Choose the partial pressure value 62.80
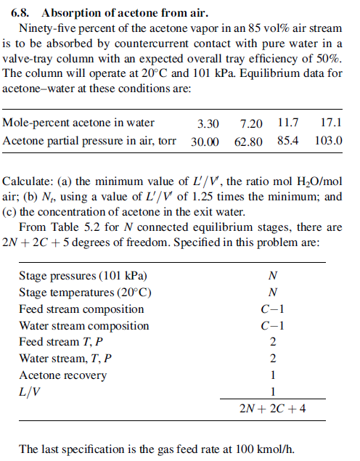(x=248, y=141)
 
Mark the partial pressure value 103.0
(x=329, y=140)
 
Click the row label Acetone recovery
(x=62, y=375)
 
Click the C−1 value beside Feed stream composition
(x=272, y=309)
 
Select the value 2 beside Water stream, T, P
(x=272, y=359)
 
